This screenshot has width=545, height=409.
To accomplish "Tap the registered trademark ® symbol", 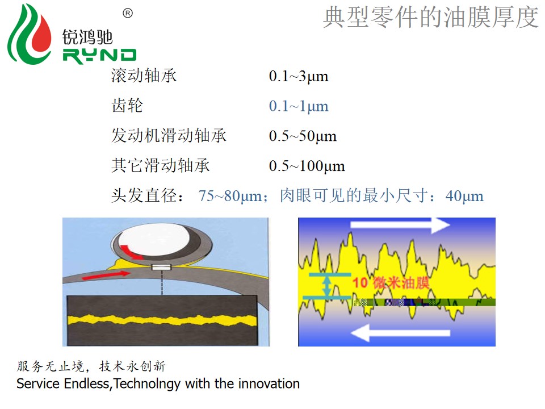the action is [128, 13].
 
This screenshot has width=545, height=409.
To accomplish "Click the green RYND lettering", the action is [99, 56].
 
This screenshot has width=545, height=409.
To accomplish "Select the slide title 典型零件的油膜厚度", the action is [431, 17].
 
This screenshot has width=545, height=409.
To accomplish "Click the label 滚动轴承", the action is [144, 75].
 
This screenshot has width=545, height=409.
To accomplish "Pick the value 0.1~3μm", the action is [299, 76].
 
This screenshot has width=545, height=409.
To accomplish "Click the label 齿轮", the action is [127, 105].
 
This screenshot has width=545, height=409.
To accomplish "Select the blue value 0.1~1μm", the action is [299, 106].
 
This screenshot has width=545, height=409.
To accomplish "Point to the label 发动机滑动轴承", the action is [169, 135].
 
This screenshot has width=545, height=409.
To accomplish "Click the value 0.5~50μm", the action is [303, 136].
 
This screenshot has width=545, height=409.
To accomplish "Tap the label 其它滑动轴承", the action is [161, 165].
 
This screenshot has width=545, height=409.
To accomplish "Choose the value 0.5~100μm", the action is [307, 166].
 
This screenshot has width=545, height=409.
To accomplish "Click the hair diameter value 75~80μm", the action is [230, 196].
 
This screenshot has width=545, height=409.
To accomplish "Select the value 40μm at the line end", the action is [464, 196].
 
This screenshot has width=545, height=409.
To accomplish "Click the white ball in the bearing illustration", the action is [154, 240].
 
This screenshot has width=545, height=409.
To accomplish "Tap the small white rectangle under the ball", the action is [162, 267].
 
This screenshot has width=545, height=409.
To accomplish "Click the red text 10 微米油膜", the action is [391, 282].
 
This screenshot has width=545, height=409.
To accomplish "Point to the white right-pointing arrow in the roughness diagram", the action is [400, 226].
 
